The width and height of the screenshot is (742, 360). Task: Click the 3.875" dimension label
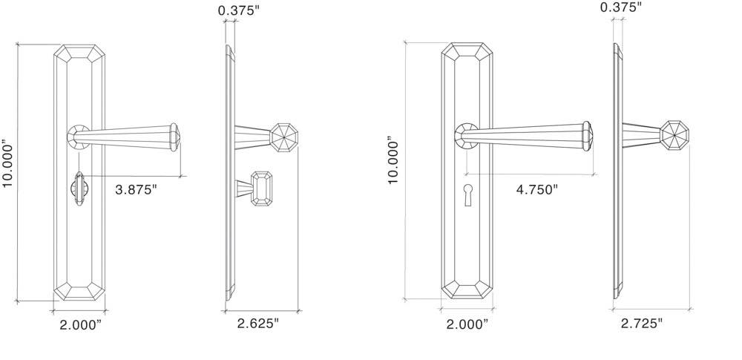(x=137, y=189)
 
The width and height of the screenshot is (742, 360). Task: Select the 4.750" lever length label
(x=536, y=189)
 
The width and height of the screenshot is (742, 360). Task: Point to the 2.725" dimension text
(x=642, y=323)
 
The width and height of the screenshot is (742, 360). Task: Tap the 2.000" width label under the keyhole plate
(x=467, y=324)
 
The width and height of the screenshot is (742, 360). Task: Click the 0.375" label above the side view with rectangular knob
(x=240, y=10)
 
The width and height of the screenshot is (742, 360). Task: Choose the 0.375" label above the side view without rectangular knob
(x=621, y=7)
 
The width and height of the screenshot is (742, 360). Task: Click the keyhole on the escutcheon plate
(x=467, y=194)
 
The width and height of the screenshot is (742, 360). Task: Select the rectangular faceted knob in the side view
(x=260, y=189)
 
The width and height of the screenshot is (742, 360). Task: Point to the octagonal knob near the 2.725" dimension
(x=674, y=137)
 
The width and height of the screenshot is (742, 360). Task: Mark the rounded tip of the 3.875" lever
(x=175, y=135)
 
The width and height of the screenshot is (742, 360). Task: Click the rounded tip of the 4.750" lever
(x=587, y=134)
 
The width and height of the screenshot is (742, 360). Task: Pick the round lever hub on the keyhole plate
(x=467, y=134)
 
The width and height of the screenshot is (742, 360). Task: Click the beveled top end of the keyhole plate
(x=467, y=54)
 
